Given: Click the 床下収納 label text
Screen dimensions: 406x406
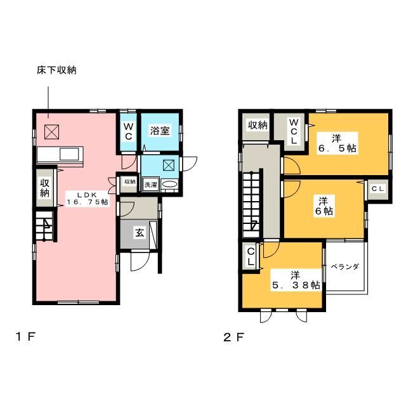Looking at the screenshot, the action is click(56, 70).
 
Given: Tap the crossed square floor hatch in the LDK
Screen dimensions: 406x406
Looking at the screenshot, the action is click(51, 132).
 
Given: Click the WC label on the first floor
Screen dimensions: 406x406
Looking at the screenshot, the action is click(128, 132).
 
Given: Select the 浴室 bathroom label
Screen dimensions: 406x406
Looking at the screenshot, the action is click(160, 131).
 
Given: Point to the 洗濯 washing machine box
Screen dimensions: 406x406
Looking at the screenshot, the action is click(151, 185).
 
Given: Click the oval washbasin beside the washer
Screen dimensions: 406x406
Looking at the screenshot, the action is click(169, 185).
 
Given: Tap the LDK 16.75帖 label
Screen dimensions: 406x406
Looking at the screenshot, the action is click(88, 199).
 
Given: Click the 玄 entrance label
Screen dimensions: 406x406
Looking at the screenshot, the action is click(140, 233).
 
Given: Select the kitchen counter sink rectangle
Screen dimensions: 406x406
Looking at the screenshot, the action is click(69, 154).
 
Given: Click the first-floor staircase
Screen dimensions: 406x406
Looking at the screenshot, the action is click(44, 226).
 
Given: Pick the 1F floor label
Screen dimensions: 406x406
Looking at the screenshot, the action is click(25, 337).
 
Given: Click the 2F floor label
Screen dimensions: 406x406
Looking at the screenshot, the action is click(234, 337).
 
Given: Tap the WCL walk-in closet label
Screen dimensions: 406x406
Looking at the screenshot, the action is click(294, 131).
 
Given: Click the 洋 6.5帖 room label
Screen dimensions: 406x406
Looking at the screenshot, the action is click(337, 143).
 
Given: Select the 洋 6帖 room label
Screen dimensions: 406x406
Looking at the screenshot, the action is click(324, 206).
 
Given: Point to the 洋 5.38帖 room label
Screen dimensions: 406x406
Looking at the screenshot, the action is click(296, 280).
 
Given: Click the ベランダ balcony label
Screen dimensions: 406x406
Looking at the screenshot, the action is click(345, 266).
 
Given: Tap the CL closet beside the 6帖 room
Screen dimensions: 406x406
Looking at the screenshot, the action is click(378, 189).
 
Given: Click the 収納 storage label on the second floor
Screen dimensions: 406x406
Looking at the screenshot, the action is click(258, 126).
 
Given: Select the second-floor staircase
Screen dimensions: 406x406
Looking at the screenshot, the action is click(252, 204).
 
